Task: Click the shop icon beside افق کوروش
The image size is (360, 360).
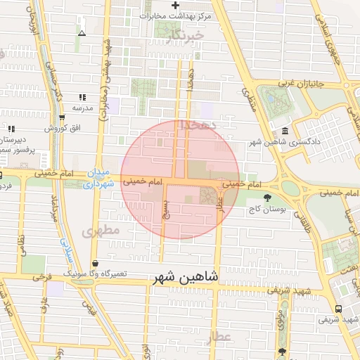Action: [x=63, y=118]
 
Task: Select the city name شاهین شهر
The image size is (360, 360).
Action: [x=185, y=278]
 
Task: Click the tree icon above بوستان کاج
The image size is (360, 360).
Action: [x=267, y=198]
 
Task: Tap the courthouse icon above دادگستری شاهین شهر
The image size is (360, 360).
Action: [x=284, y=131]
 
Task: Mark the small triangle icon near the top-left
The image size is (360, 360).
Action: [x=82, y=33]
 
